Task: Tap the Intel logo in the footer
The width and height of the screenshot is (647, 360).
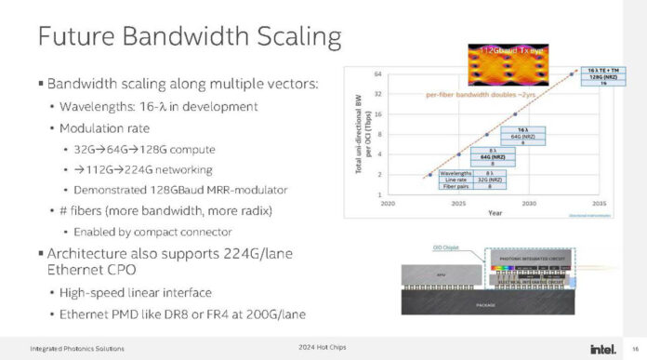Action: [x=601, y=348]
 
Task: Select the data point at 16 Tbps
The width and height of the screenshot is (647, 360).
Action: [x=515, y=114]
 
